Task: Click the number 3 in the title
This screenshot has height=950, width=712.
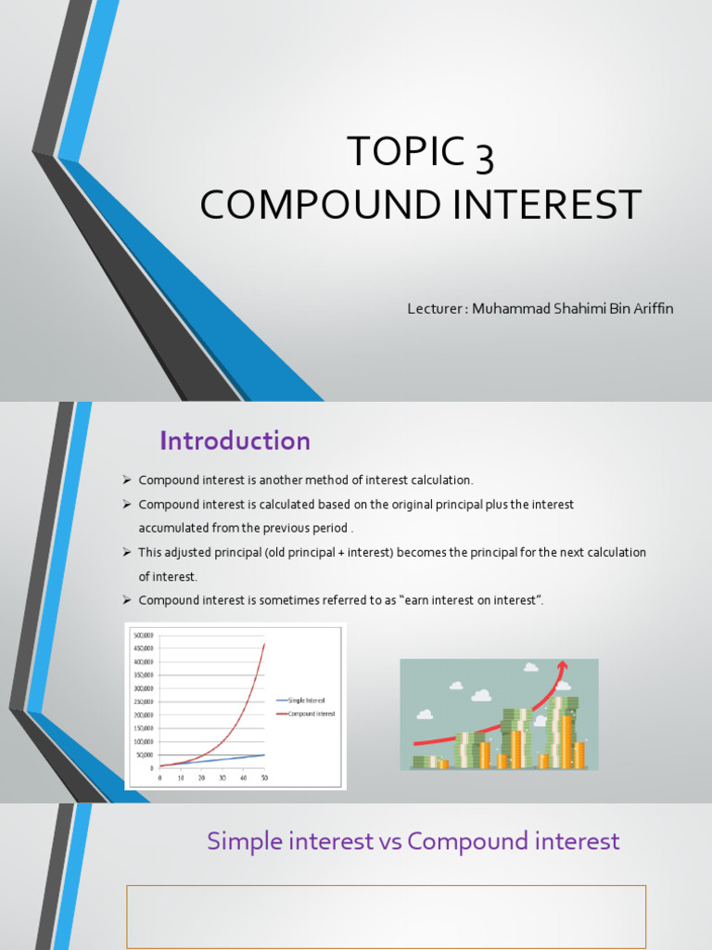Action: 484,154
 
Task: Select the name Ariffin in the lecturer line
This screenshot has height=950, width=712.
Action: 650,309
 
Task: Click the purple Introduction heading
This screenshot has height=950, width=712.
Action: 235,441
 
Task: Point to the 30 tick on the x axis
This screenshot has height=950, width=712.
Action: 222,777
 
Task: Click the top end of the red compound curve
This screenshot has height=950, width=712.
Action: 265,642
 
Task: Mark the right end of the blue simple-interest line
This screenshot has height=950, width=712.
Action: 265,754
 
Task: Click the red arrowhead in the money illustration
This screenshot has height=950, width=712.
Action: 562,665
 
